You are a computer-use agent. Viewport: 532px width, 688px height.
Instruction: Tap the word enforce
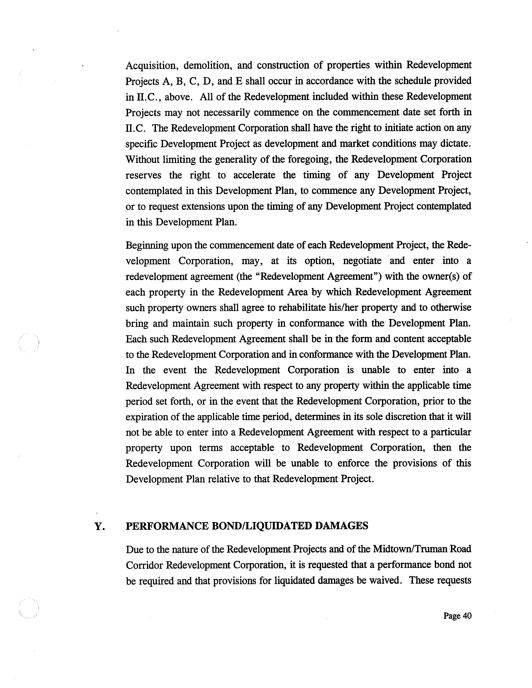353,463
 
